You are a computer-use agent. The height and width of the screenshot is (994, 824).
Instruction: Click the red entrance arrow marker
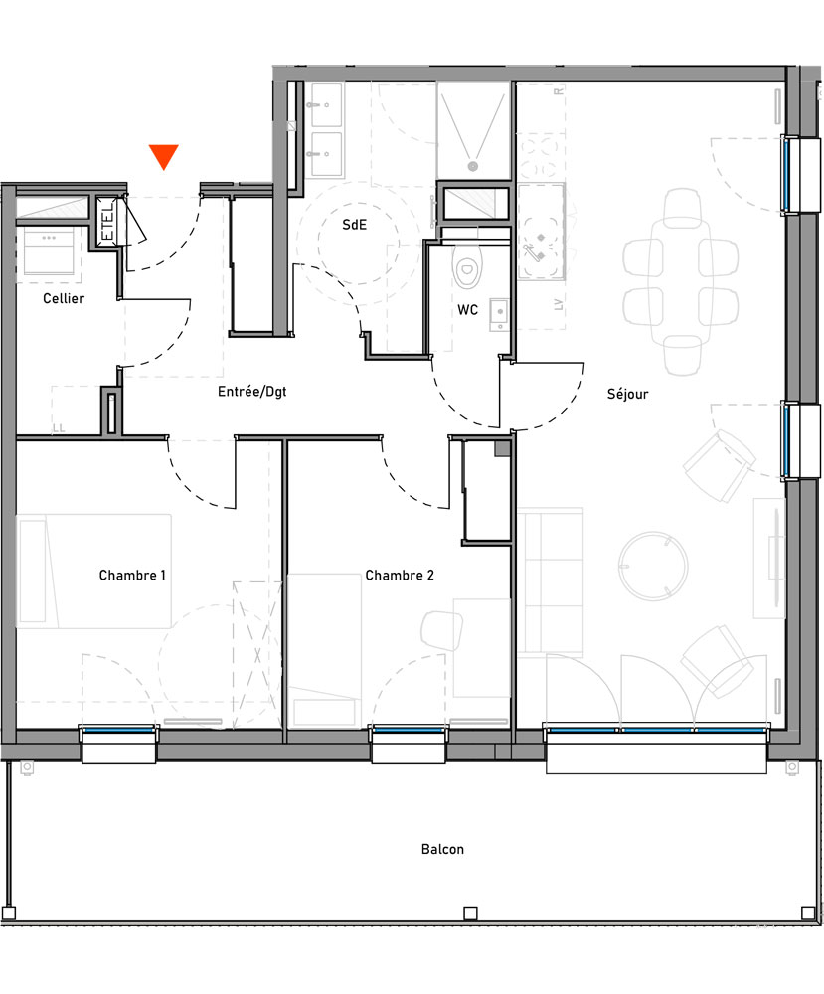pos(163,157)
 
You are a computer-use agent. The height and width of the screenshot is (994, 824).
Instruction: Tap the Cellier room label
pos(63,298)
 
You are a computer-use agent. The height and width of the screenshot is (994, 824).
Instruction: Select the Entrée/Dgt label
pos(251,392)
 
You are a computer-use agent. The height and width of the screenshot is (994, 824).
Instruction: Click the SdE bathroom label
pos(355,225)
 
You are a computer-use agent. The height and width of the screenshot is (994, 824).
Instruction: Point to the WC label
pos(468,310)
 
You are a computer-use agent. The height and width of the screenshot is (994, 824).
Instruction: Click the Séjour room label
pos(627,394)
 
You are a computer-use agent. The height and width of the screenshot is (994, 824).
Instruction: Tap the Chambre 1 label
pos(132,575)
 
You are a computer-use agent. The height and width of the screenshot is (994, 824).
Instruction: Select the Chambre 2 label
pos(399,575)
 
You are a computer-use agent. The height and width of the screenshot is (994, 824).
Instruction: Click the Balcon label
pos(442,849)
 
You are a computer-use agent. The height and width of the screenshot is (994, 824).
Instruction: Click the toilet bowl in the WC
pos(465,266)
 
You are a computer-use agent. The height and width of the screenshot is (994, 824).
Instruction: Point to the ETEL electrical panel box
pos(107,219)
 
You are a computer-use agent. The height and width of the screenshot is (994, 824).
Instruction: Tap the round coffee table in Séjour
pos(652,566)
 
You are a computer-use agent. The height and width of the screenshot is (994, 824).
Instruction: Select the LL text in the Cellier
pos(59,429)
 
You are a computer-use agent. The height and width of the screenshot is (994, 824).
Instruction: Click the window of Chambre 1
pos(118,732)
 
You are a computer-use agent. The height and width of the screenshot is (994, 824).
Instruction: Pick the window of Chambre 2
pos(409,732)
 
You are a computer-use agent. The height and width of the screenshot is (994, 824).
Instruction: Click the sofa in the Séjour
pos(550,581)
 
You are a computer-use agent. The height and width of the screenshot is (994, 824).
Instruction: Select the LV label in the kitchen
pos(559,305)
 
